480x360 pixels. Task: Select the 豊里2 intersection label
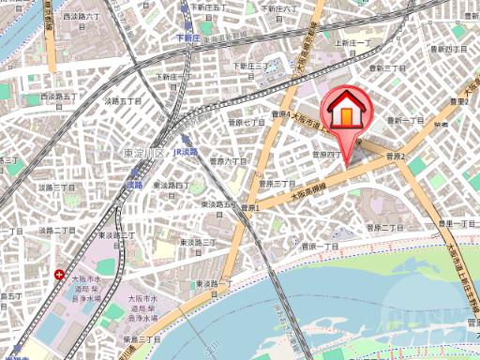[458, 101]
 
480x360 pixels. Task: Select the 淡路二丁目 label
[57, 230]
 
